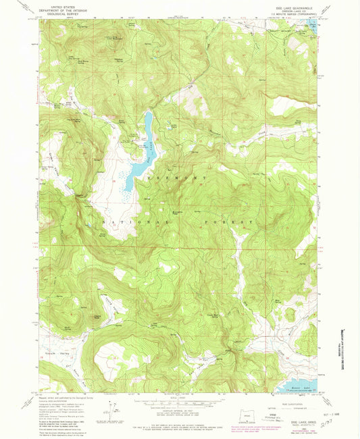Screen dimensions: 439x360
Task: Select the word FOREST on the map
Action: [x=232, y=222]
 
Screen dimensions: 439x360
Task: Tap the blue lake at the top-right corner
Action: [x=311, y=26]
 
